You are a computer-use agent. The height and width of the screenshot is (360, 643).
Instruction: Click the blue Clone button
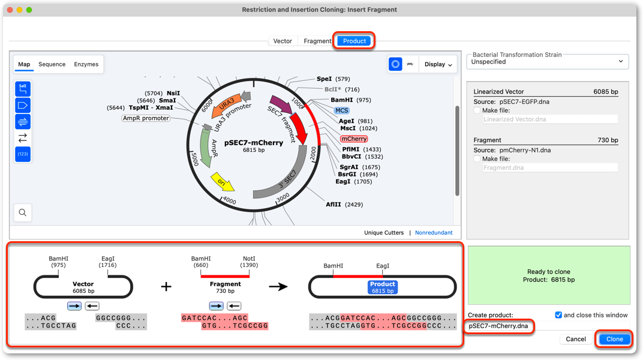point(614,339)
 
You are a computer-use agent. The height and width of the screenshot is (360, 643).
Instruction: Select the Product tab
point(354,41)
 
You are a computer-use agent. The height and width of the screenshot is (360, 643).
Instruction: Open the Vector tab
point(283,41)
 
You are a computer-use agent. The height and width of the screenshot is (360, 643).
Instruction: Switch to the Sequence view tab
point(52,64)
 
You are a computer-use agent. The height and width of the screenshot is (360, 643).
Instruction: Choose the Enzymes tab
point(86,64)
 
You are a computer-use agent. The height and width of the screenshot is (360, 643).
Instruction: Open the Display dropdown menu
point(438,64)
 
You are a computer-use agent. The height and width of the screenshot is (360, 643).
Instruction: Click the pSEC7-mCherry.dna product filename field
point(498,326)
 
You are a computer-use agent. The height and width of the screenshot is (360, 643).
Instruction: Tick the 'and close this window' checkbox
point(558,315)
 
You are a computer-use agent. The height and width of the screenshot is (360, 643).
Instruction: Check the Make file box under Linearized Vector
point(477,110)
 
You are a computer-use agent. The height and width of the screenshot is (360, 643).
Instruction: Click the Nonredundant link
point(434,232)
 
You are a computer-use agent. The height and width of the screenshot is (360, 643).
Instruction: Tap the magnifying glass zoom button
point(23,212)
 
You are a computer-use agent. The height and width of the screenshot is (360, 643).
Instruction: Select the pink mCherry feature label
point(354,139)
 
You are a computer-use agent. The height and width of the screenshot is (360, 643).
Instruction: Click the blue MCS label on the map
point(342,110)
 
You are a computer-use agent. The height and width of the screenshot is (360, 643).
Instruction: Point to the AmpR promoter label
point(146,118)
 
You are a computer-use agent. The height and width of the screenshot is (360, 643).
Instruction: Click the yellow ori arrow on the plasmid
point(223,182)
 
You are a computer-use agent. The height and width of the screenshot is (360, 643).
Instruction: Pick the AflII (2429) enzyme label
point(344,204)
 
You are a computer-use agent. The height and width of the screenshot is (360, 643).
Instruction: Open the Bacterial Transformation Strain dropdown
point(548,62)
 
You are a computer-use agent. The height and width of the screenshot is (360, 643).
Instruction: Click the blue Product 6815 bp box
point(382,287)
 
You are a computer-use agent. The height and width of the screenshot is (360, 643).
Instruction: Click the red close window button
point(10,10)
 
